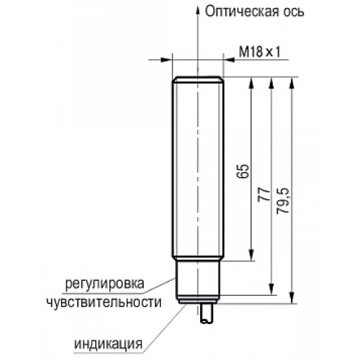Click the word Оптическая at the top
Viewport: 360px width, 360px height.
(240, 12)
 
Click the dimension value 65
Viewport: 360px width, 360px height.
(242, 171)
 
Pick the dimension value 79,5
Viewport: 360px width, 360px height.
(283, 201)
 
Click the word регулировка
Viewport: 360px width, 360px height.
(105, 284)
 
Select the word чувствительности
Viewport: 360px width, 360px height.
(104, 302)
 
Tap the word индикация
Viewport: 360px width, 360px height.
(109, 344)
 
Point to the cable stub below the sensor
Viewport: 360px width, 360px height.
(207, 313)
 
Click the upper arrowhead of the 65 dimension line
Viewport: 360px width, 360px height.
(251, 82)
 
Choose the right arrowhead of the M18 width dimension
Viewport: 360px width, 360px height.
(228, 60)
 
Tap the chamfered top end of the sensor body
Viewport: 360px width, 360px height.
(198, 79)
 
